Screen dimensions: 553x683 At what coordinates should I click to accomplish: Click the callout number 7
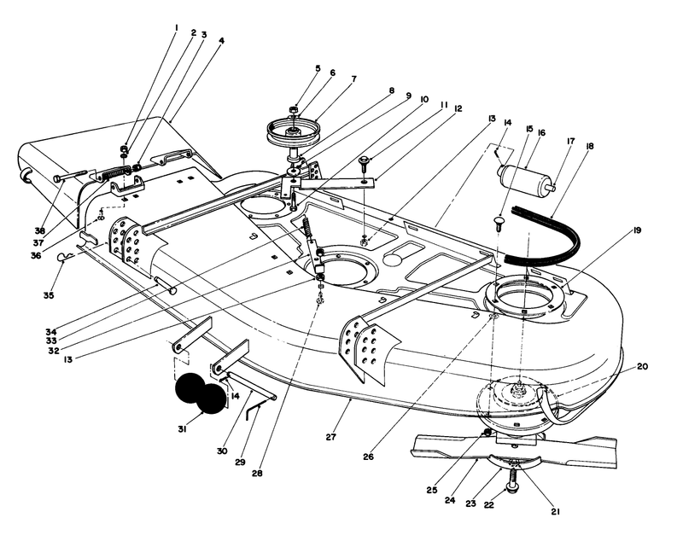[x=329, y=79]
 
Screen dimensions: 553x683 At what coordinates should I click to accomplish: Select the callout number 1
[x=175, y=26]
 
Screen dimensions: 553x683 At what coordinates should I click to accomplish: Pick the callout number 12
[x=458, y=108]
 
